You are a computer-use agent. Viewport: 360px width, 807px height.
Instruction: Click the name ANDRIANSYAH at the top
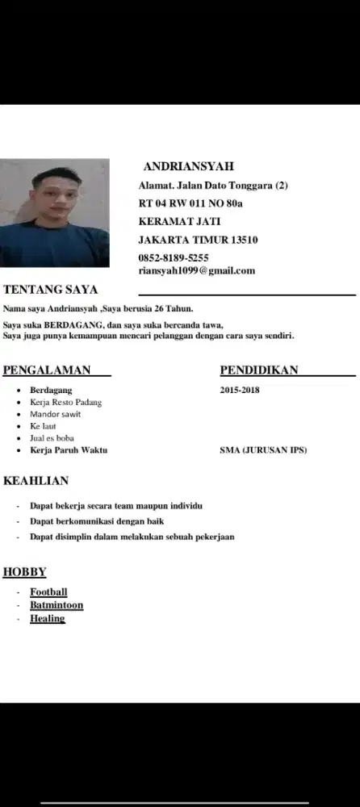[x=188, y=167]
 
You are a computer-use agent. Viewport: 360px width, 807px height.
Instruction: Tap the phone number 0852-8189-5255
[x=174, y=258]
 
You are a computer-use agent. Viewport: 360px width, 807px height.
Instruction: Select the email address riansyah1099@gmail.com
[x=197, y=271]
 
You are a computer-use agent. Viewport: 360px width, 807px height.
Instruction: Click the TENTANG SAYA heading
[x=50, y=290]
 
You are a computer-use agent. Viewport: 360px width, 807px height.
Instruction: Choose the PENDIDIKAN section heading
[x=259, y=370]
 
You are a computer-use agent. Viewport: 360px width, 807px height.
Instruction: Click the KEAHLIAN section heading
[x=36, y=481]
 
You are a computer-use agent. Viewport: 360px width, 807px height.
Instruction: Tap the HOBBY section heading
[x=25, y=573]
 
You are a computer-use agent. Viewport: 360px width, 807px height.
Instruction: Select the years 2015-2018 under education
[x=240, y=390]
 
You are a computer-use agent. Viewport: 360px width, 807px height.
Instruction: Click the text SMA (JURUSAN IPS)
[x=263, y=449]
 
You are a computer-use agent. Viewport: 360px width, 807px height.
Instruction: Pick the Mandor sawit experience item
[x=55, y=414]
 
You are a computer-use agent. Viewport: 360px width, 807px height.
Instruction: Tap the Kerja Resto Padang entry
[x=65, y=402]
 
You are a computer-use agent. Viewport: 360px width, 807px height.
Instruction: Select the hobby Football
[x=48, y=592]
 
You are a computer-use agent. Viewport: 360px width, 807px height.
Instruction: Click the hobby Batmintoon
[x=57, y=605]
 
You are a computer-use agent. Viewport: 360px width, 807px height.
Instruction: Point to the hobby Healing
[x=47, y=619]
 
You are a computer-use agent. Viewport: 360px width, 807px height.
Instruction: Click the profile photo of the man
[x=55, y=213]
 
